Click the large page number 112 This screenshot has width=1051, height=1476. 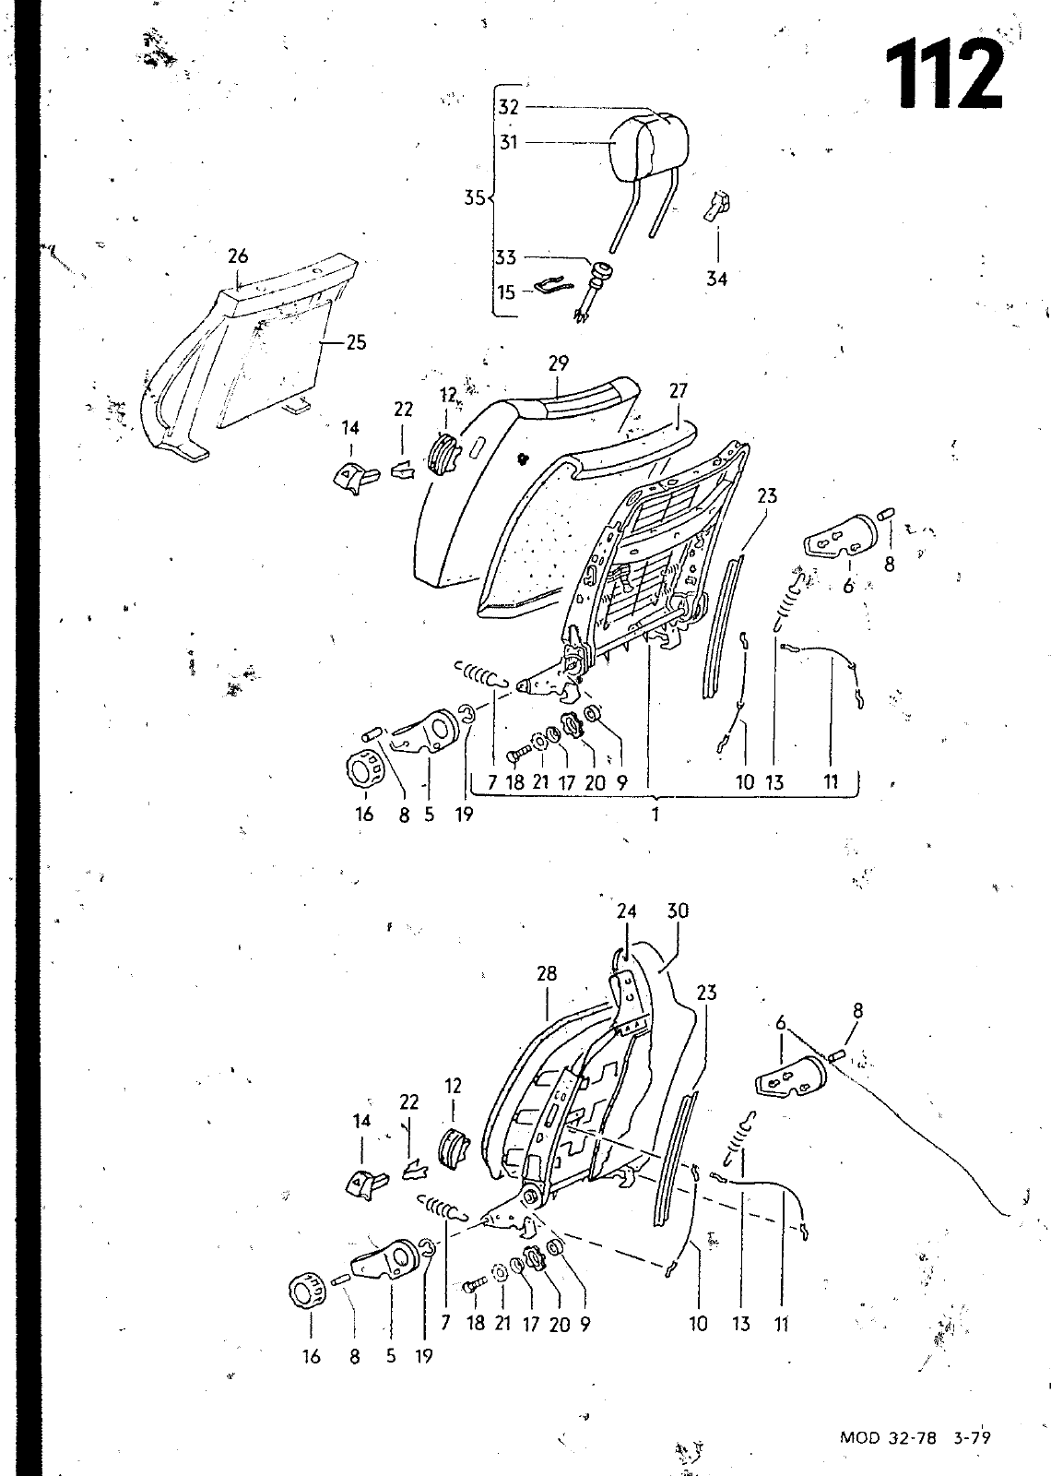point(944,74)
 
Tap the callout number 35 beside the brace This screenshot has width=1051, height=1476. point(474,197)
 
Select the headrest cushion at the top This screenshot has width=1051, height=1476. point(650,143)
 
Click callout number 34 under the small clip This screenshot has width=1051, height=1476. point(716,280)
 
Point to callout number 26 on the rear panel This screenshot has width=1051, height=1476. point(238,256)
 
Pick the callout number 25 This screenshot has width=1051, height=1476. point(356,342)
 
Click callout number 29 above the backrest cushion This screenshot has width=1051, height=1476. point(558,363)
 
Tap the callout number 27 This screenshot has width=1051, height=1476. point(678,391)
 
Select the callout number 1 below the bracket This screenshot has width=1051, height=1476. point(655,815)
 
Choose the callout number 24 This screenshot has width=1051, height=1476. point(627,911)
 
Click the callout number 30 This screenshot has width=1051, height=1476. point(678,911)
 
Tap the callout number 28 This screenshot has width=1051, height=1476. point(547,973)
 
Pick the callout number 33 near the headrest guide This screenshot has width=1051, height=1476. point(506,257)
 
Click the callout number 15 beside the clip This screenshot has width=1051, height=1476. point(506,292)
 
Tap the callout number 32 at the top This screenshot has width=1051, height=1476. point(508,107)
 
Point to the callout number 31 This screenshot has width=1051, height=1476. point(508,142)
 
